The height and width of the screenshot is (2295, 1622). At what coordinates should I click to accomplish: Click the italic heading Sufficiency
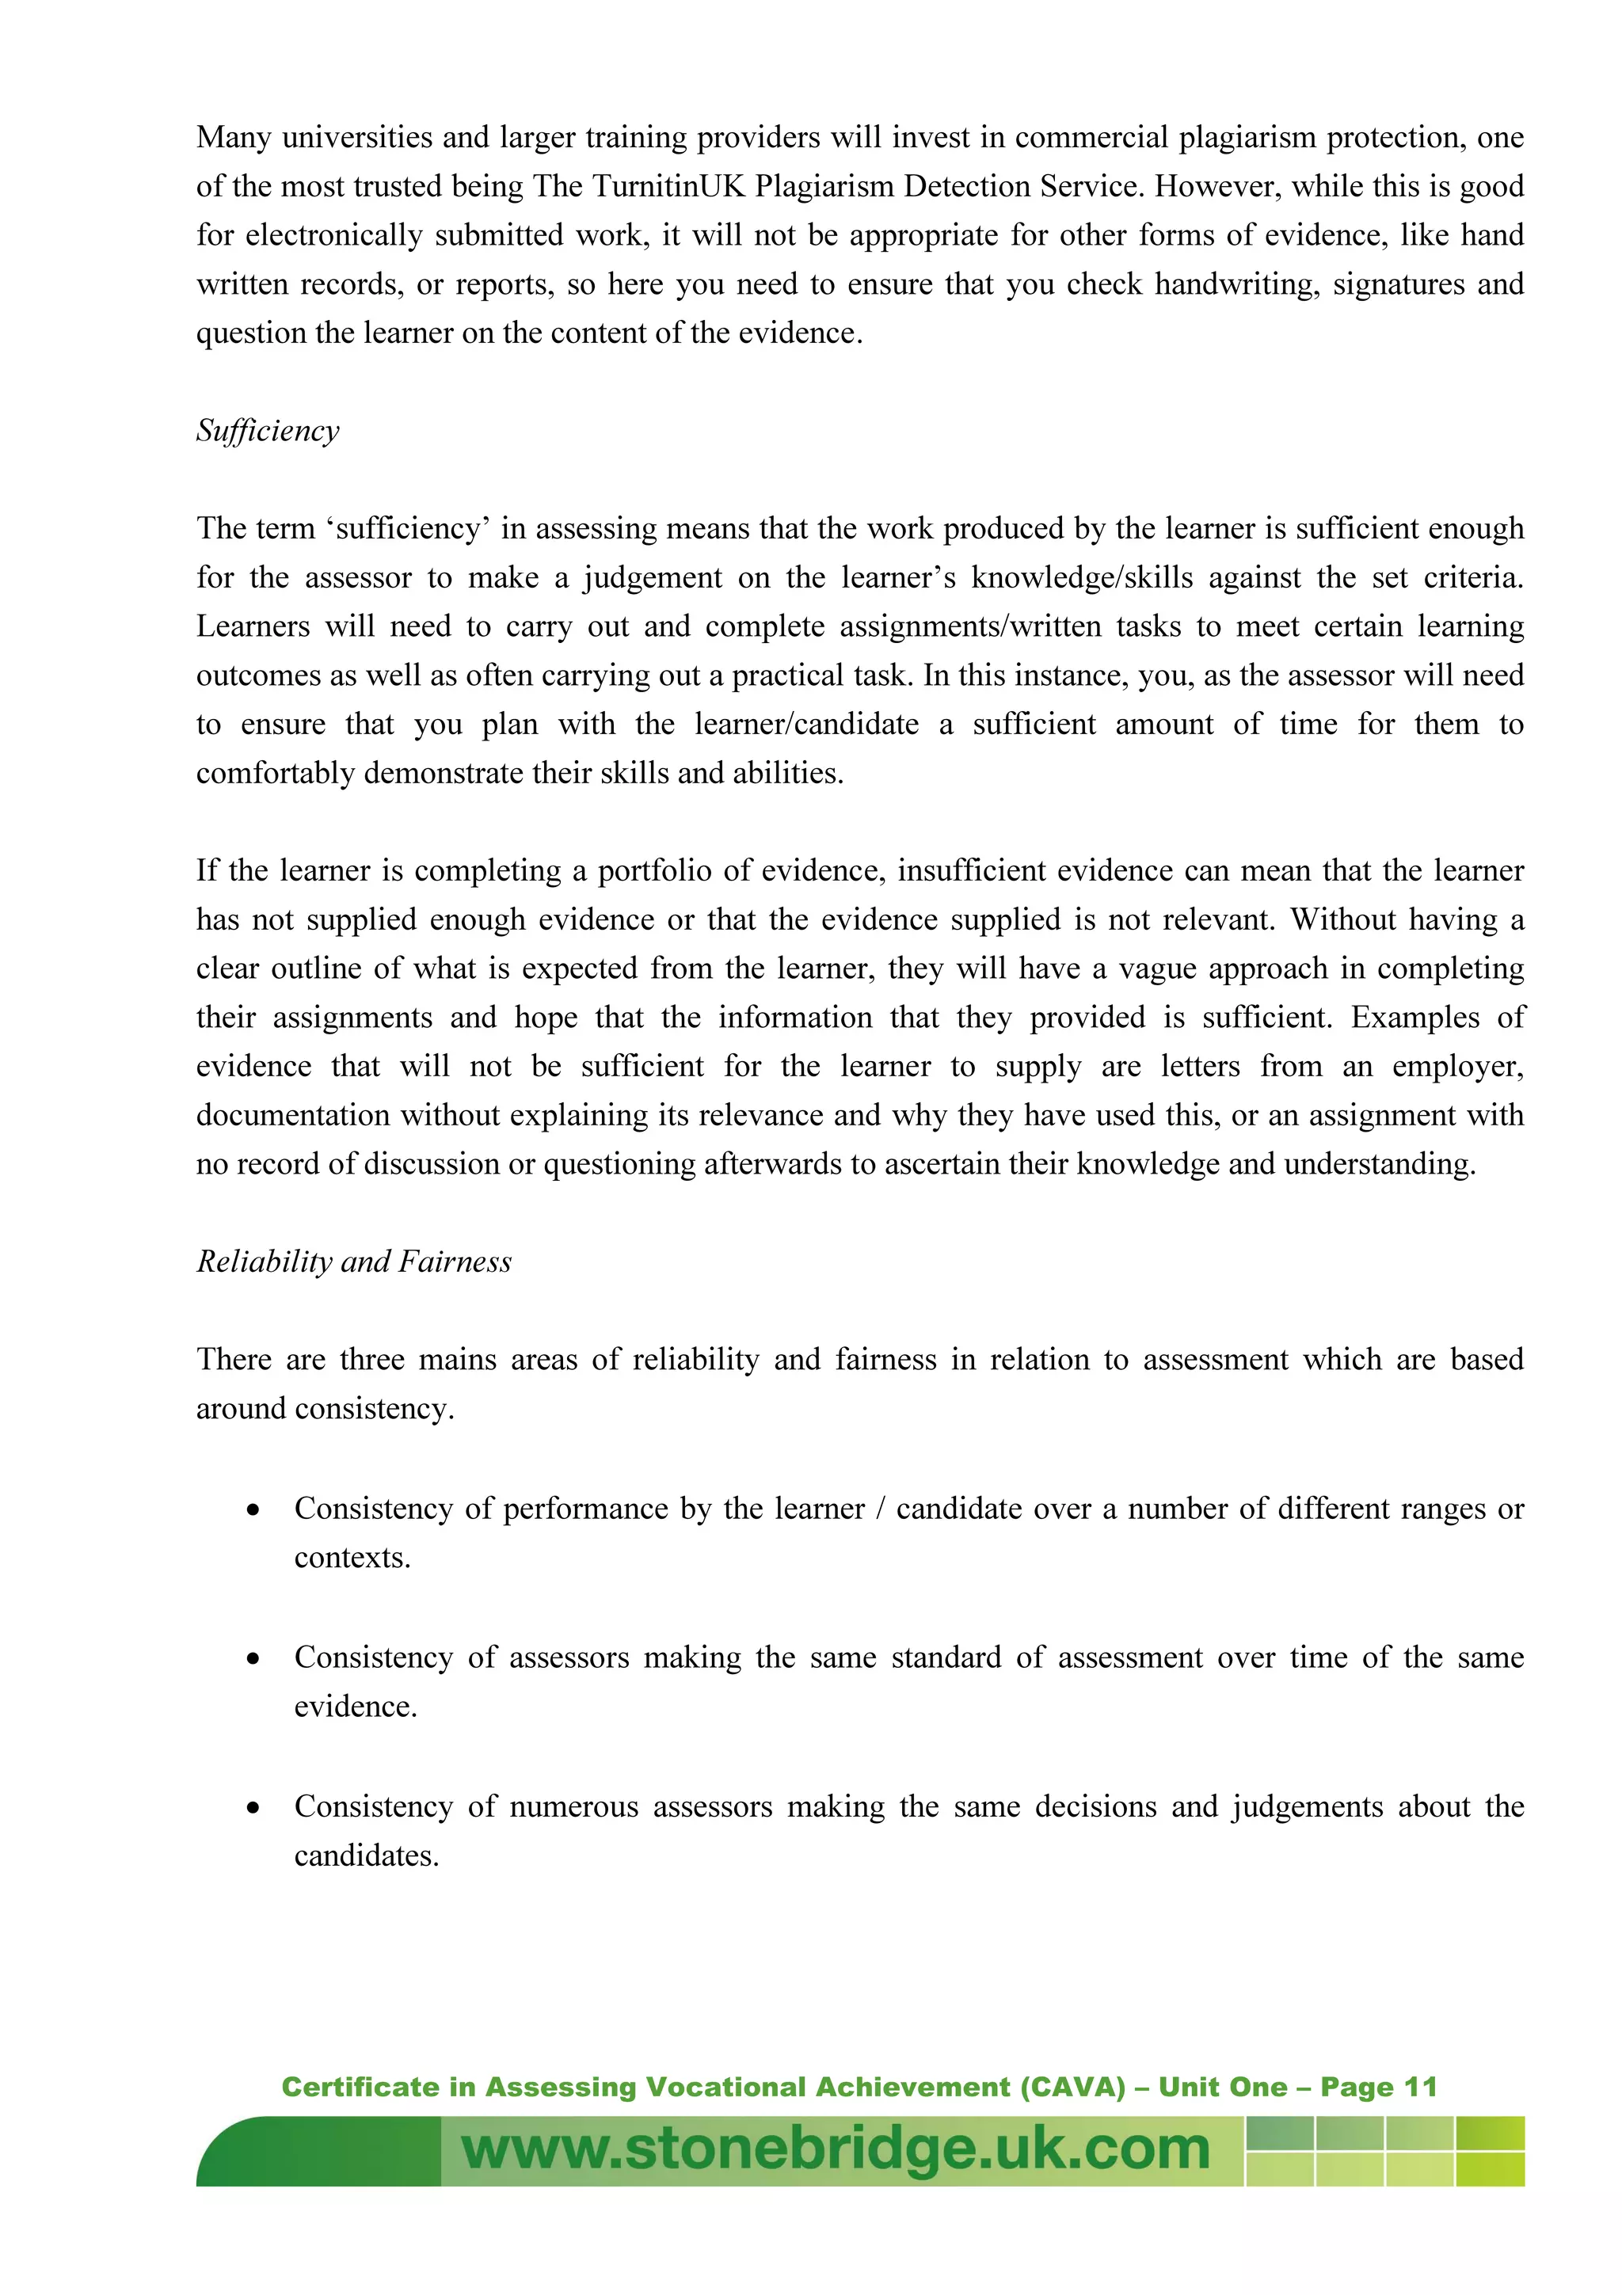(268, 431)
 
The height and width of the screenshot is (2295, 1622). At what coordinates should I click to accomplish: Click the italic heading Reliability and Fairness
(354, 1262)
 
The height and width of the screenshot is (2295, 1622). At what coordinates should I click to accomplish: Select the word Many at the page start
(233, 137)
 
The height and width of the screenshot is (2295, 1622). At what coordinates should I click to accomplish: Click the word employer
(1456, 1067)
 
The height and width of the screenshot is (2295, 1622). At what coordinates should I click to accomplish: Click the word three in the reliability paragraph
(371, 1360)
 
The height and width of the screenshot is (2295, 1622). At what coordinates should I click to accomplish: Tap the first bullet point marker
(254, 1510)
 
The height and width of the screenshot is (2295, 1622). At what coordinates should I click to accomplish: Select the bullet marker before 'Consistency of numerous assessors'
(254, 1808)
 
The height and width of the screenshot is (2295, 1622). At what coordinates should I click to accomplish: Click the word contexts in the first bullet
(351, 1557)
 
